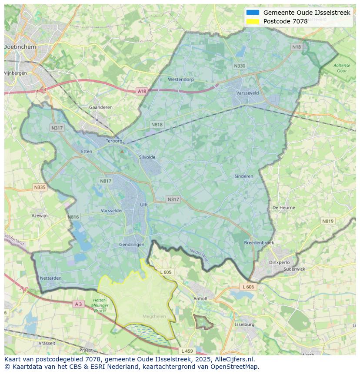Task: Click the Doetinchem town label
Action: tap(20, 46)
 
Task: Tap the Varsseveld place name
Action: tap(247, 93)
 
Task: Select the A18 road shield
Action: tap(142, 91)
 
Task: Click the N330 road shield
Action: tap(240, 66)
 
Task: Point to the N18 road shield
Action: tap(297, 47)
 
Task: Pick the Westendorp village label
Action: tap(180, 79)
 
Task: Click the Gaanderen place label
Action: tap(100, 107)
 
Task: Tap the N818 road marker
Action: tap(157, 125)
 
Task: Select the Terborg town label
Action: tap(115, 141)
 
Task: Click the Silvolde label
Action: tap(147, 157)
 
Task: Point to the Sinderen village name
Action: tap(243, 176)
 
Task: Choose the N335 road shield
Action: tap(40, 187)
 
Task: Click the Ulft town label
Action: tap(144, 205)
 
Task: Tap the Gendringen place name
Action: tap(132, 245)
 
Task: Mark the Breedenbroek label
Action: tap(259, 243)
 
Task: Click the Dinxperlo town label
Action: tap(279, 262)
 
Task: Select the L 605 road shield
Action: tap(166, 272)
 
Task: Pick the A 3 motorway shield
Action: tap(78, 304)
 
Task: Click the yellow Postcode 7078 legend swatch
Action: tap(253, 21)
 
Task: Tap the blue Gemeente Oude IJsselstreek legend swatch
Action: tap(253, 13)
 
